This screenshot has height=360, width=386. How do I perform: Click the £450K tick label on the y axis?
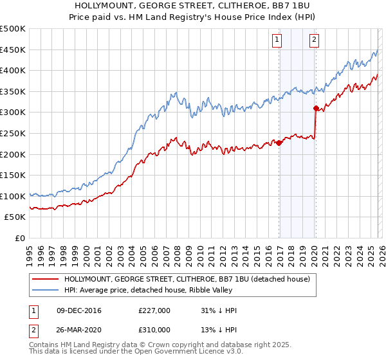(x=13, y=50)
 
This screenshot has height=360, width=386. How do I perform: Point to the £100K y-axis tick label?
(x=13, y=196)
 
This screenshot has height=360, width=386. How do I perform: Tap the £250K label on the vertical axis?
(x=13, y=133)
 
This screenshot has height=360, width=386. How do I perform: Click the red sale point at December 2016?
(x=279, y=143)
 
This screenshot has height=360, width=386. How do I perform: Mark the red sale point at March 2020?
(x=316, y=109)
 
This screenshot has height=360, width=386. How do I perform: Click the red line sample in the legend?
(x=46, y=280)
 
